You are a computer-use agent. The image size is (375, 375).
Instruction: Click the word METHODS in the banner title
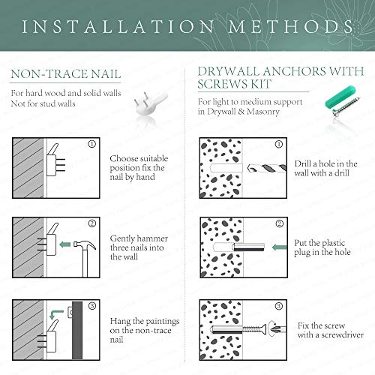(290, 27)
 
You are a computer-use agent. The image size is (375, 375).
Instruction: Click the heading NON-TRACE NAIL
(66, 74)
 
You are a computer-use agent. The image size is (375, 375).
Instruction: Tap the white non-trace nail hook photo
(150, 104)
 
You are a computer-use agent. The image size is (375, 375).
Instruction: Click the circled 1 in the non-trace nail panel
(91, 144)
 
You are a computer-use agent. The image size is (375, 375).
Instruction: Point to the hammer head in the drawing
(85, 245)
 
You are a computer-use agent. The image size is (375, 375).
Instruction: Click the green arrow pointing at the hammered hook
(65, 244)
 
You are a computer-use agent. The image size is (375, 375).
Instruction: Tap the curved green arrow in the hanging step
(56, 314)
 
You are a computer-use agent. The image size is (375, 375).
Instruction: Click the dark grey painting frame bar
(77, 330)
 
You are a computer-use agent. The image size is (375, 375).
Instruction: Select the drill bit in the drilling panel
(266, 168)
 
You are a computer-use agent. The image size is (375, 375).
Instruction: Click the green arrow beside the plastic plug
(279, 247)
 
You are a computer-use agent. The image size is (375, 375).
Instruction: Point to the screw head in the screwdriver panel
(264, 328)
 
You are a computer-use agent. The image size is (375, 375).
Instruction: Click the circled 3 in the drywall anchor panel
(279, 306)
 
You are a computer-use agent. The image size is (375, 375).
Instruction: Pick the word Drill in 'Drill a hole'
(302, 163)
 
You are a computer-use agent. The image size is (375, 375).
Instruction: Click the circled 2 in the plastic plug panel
(280, 223)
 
